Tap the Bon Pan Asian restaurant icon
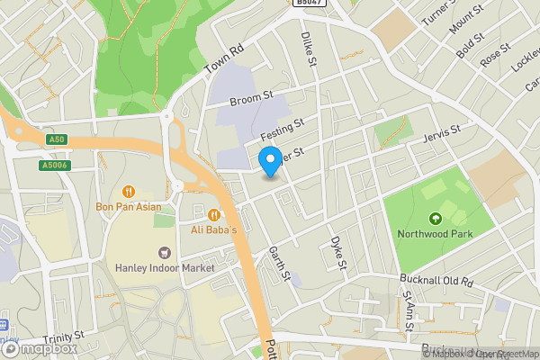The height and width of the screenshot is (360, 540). click(x=129, y=191)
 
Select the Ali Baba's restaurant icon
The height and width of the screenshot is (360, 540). click(x=213, y=214)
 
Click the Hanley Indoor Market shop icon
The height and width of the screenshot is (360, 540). click(x=164, y=253)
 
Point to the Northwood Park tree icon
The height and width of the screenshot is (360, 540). click(x=436, y=218)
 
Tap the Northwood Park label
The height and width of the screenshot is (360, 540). click(x=436, y=234)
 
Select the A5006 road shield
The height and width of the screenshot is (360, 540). click(x=54, y=165)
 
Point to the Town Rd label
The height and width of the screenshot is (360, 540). click(x=224, y=61)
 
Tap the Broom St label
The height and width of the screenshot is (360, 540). click(x=251, y=97)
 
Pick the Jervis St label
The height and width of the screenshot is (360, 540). click(x=441, y=134)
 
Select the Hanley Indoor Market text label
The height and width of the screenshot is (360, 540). click(x=165, y=268)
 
